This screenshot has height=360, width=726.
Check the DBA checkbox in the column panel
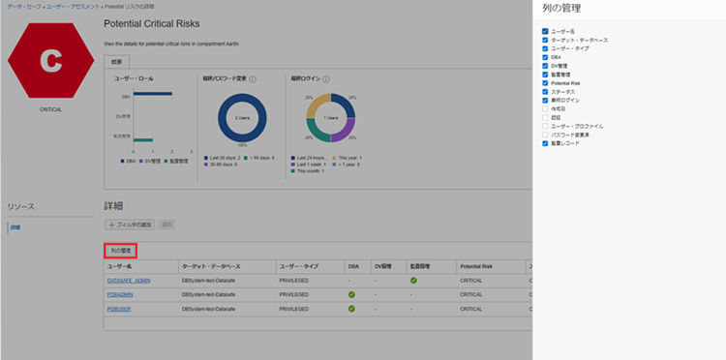(545, 57)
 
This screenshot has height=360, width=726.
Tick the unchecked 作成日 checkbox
(545, 108)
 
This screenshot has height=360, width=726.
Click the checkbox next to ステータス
(545, 91)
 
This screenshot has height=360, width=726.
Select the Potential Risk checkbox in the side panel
(545, 83)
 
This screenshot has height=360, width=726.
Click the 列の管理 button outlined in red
(120, 250)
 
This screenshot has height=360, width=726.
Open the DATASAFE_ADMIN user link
(128, 281)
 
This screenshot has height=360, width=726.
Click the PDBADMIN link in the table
(121, 294)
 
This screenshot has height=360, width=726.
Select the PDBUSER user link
(120, 309)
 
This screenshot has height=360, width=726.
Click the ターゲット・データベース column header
(211, 265)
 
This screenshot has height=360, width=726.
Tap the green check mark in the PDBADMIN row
(351, 294)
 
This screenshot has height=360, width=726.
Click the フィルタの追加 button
(131, 224)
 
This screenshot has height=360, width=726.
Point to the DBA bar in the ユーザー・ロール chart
(152, 95)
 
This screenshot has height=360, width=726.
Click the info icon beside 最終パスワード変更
(253, 78)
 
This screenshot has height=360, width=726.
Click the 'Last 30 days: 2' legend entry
(223, 157)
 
